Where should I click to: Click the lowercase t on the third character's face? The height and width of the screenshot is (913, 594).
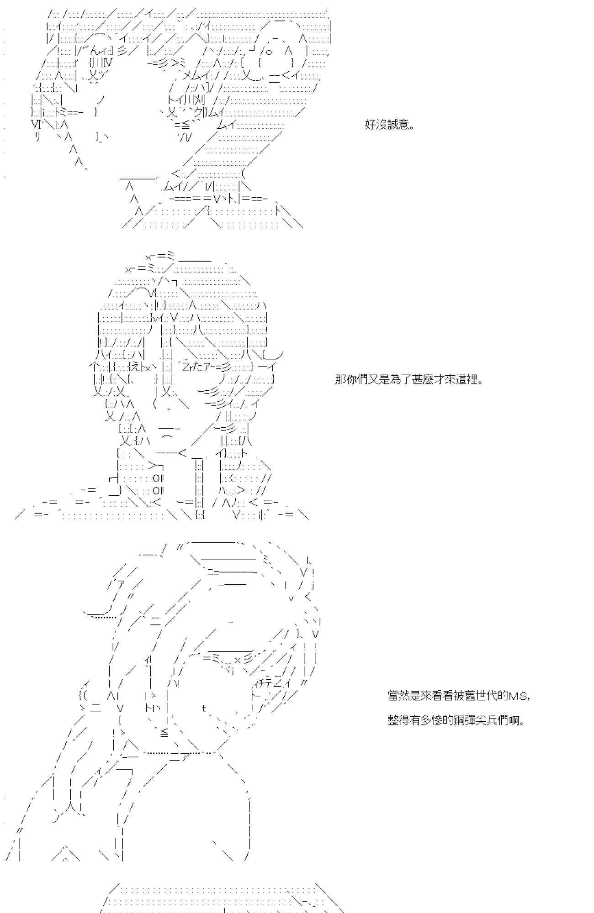(204, 708)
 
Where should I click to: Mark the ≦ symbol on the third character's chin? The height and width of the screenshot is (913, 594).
(164, 733)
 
